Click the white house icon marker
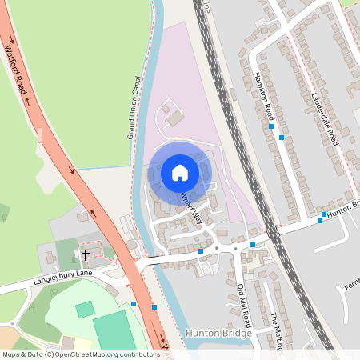(x=179, y=172)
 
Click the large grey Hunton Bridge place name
(x=218, y=332)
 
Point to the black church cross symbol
(x=84, y=255)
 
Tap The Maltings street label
(x=276, y=330)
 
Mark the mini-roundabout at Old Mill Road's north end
(x=236, y=249)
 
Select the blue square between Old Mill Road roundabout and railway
(x=253, y=244)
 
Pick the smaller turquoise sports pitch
(x=85, y=309)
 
